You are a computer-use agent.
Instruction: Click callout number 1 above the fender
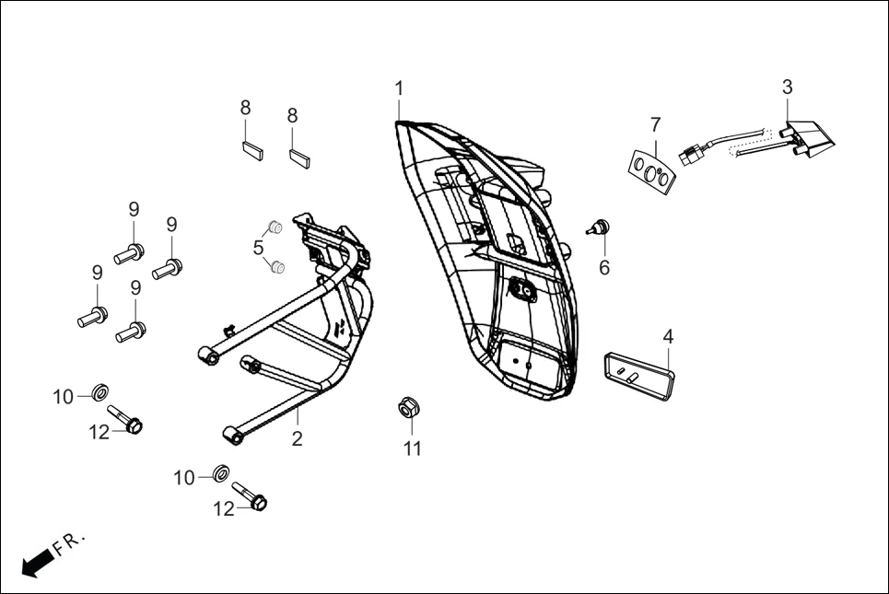tap(399, 88)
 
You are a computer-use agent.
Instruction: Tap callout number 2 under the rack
tap(297, 439)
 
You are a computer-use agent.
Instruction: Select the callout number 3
tap(787, 87)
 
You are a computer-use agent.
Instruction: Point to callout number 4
tap(668, 335)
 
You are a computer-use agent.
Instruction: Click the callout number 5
tap(259, 247)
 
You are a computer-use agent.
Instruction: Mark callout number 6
tap(604, 267)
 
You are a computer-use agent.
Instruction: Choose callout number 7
tap(655, 124)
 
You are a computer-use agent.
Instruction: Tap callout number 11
tap(412, 448)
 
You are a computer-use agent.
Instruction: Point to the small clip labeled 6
tap(601, 227)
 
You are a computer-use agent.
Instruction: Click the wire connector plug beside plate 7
tap(689, 157)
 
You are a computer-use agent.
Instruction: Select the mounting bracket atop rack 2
tap(332, 241)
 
